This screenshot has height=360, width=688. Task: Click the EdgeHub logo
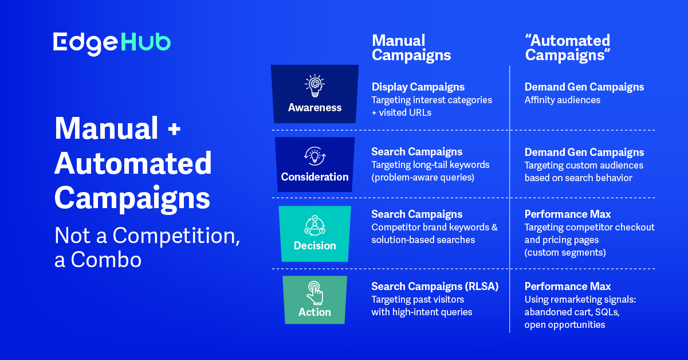(112, 44)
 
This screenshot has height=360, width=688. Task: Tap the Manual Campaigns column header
(411, 48)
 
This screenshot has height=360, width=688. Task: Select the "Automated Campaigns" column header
(568, 48)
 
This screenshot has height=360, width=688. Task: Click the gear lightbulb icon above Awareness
(315, 86)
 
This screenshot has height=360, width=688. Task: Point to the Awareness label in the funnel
(315, 108)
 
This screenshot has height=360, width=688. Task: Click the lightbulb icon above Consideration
(315, 156)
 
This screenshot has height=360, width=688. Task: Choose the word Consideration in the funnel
(315, 177)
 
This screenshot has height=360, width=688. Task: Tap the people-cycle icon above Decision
(315, 225)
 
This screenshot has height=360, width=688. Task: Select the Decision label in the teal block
(315, 245)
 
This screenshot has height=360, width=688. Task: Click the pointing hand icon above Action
(315, 293)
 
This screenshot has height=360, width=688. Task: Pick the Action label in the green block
(315, 312)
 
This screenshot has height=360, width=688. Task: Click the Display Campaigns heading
(418, 87)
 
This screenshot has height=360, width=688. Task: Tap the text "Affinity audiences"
(563, 100)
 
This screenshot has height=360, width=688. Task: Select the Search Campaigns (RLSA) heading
(435, 287)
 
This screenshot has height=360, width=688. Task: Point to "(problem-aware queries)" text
(423, 177)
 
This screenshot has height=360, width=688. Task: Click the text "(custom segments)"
(565, 252)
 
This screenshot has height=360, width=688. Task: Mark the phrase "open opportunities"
(565, 325)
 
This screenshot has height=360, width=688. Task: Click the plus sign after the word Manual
(174, 129)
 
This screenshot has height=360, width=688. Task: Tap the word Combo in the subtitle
(106, 260)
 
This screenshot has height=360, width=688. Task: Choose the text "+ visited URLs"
(402, 112)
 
